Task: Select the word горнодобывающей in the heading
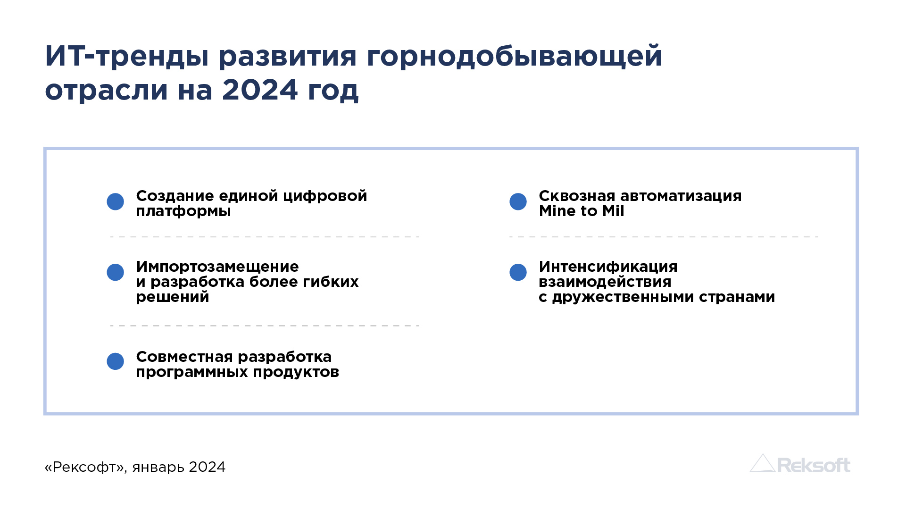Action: pos(514,57)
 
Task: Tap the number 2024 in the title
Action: pos(260,90)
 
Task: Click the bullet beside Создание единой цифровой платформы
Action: pos(115,202)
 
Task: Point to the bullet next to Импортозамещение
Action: pos(115,272)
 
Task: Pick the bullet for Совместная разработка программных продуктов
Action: pos(115,361)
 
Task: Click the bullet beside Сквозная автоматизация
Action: pos(518,202)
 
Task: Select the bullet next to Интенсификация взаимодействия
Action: pos(518,272)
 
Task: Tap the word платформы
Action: pos(183,211)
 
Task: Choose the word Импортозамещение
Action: pos(217,267)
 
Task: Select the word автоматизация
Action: pos(681,196)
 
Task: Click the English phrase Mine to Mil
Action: pos(582,211)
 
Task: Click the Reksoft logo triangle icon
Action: pos(762,463)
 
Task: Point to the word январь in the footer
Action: pos(158,468)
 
